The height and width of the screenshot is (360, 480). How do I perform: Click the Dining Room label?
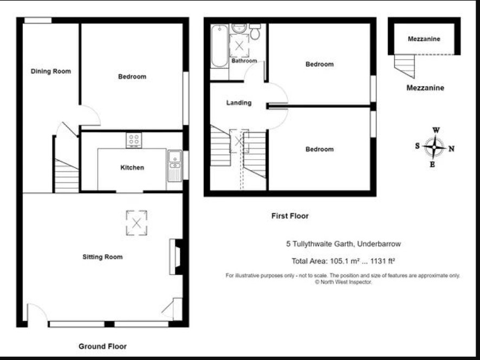51,71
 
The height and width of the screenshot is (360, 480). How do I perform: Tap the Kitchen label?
132,167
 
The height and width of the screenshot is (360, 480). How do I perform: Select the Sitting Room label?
102,257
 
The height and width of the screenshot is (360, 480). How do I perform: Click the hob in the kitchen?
134,140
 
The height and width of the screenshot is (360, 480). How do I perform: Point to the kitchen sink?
175,166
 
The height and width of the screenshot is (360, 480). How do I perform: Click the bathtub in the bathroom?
219,46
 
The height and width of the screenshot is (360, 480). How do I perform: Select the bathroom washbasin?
239,29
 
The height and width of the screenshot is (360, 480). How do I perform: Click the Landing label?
239,103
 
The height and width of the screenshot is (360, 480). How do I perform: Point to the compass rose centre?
434,147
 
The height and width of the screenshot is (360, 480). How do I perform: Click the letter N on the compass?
451,149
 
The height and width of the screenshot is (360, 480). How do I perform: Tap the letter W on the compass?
436,130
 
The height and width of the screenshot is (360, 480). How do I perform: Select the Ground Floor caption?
102,346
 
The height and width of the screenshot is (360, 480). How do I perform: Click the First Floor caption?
290,216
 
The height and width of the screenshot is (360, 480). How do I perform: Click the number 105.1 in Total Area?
339,261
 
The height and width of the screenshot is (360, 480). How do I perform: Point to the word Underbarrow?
379,244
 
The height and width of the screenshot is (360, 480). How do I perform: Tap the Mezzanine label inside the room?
424,39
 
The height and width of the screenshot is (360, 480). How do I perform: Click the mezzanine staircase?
404,66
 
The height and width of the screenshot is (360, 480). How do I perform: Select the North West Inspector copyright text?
343,282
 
